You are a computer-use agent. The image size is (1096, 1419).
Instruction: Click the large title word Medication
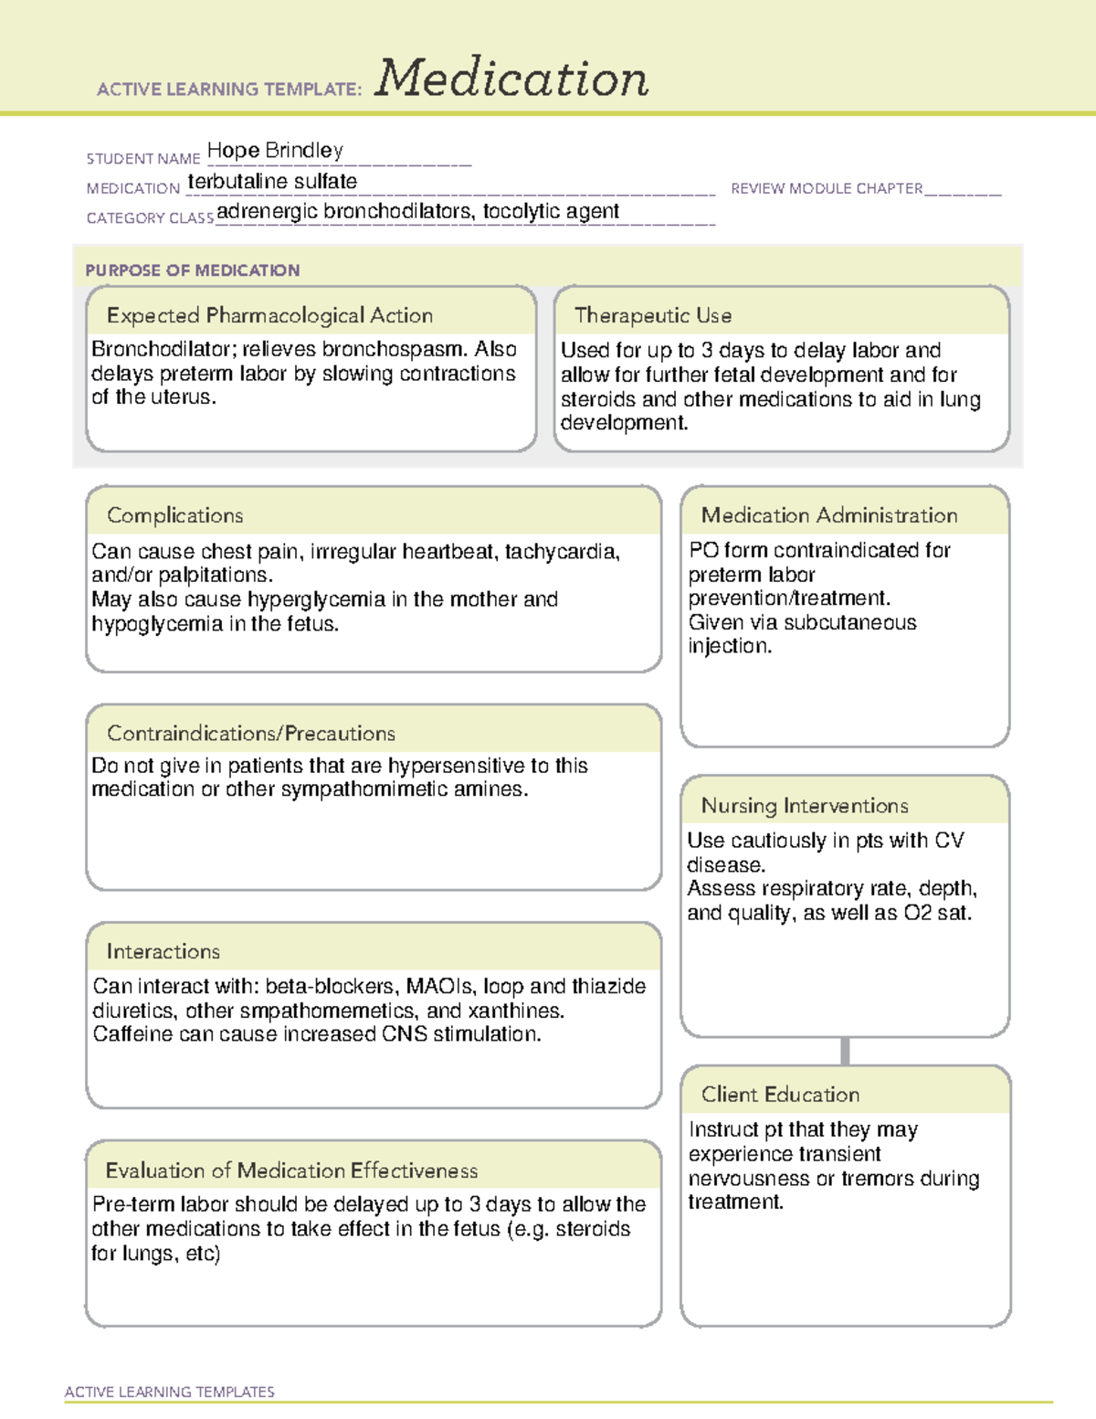pyautogui.click(x=511, y=79)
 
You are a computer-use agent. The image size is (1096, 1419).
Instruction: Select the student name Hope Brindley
pyautogui.click(x=275, y=150)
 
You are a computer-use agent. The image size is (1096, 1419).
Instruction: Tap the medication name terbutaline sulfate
pyautogui.click(x=272, y=182)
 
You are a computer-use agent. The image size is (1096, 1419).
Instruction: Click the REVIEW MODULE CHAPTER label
pyautogui.click(x=827, y=188)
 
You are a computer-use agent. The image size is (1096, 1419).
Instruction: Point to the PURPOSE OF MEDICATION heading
pyautogui.click(x=193, y=270)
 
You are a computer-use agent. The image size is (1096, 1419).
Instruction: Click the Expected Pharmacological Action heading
pyautogui.click(x=269, y=315)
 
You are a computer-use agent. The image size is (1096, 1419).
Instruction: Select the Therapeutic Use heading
pyautogui.click(x=652, y=315)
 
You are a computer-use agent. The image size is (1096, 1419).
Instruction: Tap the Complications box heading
pyautogui.click(x=174, y=515)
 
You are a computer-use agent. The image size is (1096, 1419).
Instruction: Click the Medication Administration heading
pyautogui.click(x=828, y=515)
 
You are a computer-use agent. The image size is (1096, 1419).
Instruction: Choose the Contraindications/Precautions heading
pyautogui.click(x=250, y=733)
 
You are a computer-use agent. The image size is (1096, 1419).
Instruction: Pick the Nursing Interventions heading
pyautogui.click(x=804, y=805)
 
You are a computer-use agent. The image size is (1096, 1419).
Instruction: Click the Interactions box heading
pyautogui.click(x=163, y=951)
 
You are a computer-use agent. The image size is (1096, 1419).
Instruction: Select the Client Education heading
pyautogui.click(x=780, y=1094)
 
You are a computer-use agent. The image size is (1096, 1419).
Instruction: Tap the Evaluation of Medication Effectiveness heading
pyautogui.click(x=291, y=1170)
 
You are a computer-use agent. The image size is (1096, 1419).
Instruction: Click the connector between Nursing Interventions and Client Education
pyautogui.click(x=845, y=1051)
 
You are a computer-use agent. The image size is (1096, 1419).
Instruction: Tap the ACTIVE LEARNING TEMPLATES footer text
pyautogui.click(x=170, y=1392)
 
